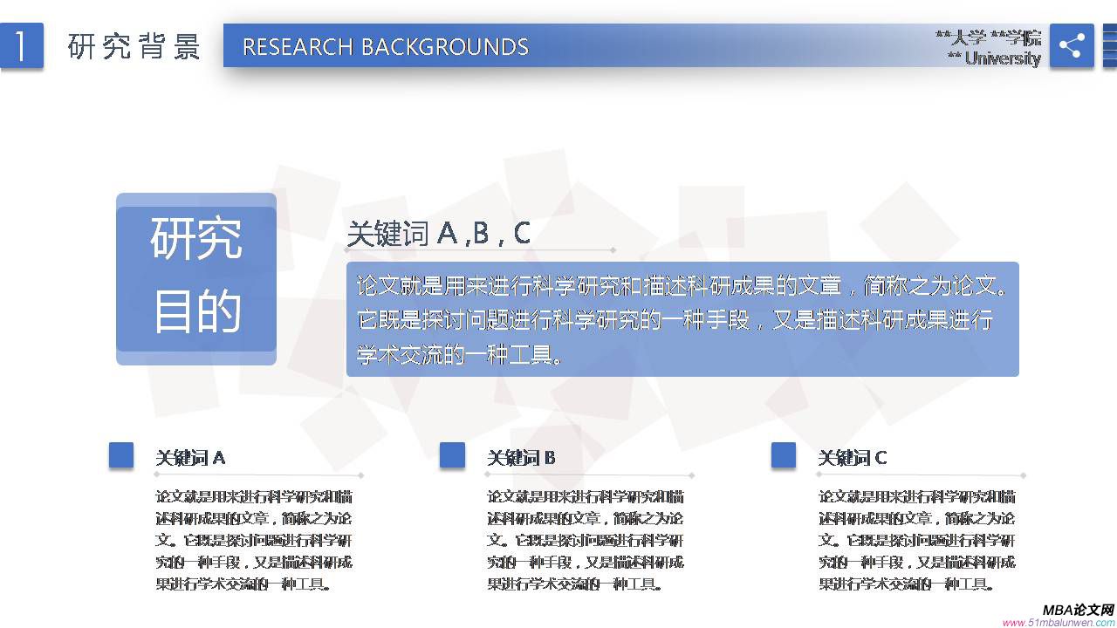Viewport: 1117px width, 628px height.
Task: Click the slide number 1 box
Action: click(21, 45)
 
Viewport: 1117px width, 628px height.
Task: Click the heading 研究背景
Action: click(134, 46)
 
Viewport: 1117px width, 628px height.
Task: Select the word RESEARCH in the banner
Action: click(298, 46)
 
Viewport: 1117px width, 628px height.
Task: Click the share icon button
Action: click(1071, 45)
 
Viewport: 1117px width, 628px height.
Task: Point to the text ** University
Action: click(994, 58)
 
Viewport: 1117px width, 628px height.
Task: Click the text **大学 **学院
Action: click(988, 38)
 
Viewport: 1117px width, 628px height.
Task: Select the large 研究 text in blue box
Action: click(196, 238)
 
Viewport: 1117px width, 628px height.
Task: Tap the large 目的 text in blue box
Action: click(196, 311)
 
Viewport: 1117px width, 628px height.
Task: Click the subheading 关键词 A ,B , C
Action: click(438, 234)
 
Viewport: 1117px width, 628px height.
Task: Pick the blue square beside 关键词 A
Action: click(121, 455)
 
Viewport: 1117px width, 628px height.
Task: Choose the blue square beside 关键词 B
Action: click(452, 455)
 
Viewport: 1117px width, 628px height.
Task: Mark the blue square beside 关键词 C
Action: click(784, 455)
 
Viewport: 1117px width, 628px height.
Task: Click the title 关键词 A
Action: click(190, 458)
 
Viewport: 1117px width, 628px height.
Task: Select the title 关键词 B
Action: click(521, 458)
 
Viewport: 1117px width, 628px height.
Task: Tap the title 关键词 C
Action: click(853, 458)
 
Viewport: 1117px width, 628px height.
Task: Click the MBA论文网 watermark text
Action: click(1078, 610)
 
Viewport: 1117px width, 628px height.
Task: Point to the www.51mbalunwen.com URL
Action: click(1059, 623)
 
